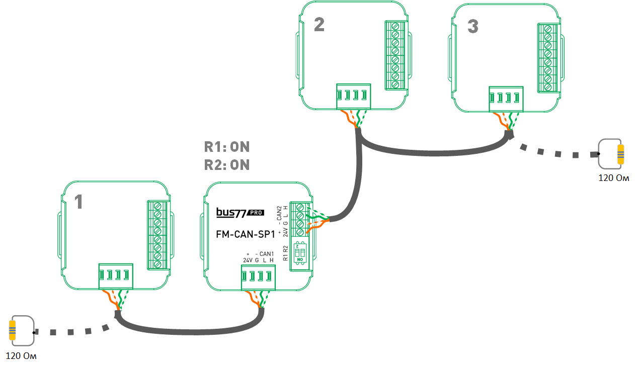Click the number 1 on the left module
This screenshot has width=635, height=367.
click(x=78, y=202)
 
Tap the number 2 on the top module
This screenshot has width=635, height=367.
click(x=319, y=25)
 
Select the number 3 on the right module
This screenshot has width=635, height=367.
click(x=472, y=27)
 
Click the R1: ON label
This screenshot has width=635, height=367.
click(x=226, y=147)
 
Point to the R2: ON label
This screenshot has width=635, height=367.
click(x=226, y=165)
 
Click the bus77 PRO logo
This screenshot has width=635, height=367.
click(x=240, y=213)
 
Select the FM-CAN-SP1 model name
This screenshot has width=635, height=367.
click(x=246, y=234)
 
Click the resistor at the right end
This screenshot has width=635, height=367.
click(x=620, y=155)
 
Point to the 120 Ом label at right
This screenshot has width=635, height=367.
click(x=613, y=178)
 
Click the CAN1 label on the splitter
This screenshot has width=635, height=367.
click(x=267, y=253)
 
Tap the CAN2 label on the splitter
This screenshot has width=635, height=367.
click(x=280, y=212)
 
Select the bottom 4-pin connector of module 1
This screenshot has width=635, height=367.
click(x=115, y=276)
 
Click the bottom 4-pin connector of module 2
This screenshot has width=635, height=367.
click(x=353, y=96)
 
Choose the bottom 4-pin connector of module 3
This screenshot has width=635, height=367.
click(x=506, y=99)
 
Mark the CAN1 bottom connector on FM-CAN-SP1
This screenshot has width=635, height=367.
click(x=258, y=277)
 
